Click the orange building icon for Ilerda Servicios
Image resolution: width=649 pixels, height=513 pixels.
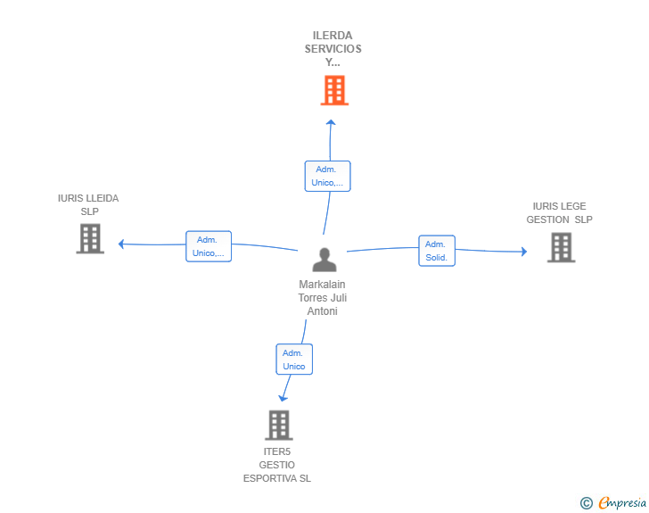[x=334, y=90]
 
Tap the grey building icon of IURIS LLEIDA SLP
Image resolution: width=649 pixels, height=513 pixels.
[x=90, y=239]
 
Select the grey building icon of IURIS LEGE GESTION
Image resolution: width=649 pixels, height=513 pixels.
[x=561, y=248]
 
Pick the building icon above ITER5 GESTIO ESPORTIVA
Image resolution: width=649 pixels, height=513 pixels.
[x=278, y=426]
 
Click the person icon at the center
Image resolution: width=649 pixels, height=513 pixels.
[x=324, y=260]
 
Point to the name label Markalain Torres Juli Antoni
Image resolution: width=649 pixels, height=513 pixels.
[x=323, y=298]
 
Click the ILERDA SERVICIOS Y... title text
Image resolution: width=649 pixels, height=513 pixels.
[x=333, y=49]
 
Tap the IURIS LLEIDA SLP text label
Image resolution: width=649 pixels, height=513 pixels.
[x=88, y=205]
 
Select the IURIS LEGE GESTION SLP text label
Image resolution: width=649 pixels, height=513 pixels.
[x=559, y=213]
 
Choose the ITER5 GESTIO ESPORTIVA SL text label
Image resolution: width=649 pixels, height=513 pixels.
[x=277, y=465]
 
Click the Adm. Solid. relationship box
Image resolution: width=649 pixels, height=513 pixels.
[x=437, y=251]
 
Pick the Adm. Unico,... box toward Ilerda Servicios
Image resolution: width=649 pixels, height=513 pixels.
[x=327, y=176]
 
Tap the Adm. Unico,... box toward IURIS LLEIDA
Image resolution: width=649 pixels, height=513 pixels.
[x=209, y=246]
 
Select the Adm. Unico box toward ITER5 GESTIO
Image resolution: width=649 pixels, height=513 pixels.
[x=294, y=360]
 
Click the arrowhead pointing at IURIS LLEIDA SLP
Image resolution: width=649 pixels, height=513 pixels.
[x=122, y=243]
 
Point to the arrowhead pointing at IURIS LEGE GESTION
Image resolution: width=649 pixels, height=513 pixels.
[x=523, y=252]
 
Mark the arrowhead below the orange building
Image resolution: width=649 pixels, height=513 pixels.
[x=331, y=123]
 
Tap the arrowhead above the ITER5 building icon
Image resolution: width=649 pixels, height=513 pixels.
[x=283, y=398]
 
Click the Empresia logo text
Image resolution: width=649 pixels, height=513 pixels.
[x=622, y=502]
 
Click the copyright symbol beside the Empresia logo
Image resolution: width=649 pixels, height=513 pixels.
[x=586, y=503]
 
